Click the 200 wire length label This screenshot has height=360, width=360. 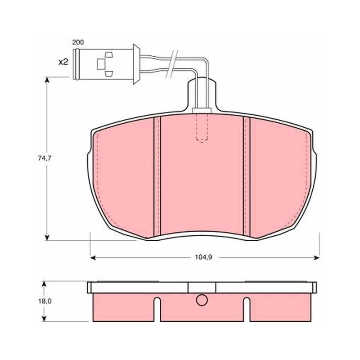point(78,42)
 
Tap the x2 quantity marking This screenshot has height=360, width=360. point(63,62)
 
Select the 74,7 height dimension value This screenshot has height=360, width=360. point(45,158)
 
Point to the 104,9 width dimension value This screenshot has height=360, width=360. point(203,257)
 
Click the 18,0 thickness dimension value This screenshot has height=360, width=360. point(45,301)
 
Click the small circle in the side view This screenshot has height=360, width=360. point(202,300)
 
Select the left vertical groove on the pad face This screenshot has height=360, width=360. point(157,176)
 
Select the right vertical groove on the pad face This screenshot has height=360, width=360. point(247,176)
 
